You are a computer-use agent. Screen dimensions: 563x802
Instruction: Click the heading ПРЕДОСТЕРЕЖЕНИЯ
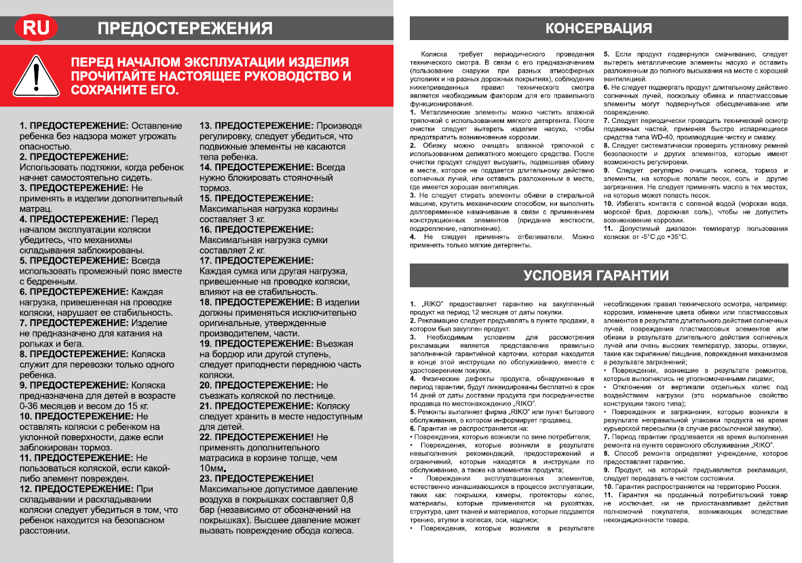[x=185, y=29]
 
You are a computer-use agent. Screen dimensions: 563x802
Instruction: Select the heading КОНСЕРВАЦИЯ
[x=599, y=29]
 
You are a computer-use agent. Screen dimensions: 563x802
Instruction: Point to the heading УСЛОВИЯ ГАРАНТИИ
[x=596, y=275]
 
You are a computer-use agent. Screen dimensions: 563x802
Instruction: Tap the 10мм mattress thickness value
[x=212, y=469]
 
